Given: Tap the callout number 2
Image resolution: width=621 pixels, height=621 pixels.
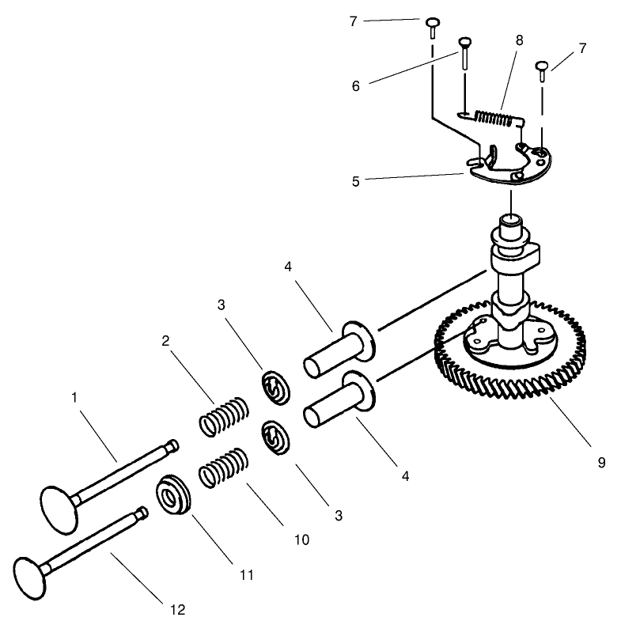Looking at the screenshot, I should (165, 341).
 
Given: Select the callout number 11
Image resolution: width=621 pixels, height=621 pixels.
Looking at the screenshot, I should (247, 575).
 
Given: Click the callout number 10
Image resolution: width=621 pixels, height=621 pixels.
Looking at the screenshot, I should (301, 540).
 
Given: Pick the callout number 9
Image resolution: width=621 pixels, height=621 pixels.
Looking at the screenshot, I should (601, 462).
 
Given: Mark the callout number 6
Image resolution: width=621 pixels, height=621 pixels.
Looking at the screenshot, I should (355, 85).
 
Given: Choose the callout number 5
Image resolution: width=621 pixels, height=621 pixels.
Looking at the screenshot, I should (354, 181).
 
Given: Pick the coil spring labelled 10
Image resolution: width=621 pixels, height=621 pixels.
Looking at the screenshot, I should (222, 468).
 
